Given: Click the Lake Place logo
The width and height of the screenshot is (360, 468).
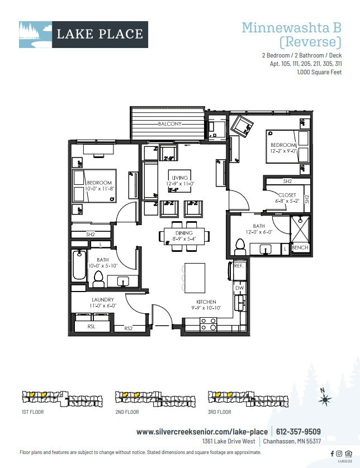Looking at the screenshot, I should point(83,34).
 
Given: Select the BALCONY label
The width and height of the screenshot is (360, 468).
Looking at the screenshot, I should point(169,124).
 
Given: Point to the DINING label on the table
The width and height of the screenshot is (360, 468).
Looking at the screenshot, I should point(183,233).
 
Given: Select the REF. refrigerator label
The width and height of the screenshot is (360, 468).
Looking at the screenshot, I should point(238,267).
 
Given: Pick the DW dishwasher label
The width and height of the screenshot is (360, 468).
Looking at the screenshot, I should point(239,288).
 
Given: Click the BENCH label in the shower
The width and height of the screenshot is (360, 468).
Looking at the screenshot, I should point(300,247).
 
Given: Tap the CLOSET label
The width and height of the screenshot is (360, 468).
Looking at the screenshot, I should point(287,195).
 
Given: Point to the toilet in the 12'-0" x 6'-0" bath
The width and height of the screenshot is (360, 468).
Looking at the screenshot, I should point(241,245).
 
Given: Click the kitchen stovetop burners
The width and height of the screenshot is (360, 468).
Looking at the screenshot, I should point(209,324).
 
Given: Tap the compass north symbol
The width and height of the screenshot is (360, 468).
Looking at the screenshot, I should point(324,398).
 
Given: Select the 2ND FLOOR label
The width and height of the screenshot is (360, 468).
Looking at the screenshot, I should point(127,412).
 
